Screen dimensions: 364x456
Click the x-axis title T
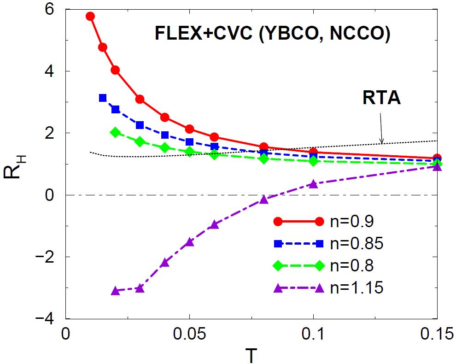251,354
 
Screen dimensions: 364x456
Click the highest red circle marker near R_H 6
90,16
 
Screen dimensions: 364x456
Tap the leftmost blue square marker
103,98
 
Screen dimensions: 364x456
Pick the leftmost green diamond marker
115,132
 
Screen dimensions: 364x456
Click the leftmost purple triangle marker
115,290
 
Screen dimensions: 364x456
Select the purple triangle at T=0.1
313,184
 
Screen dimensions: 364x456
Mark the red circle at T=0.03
140,99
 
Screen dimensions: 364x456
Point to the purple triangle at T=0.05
189,242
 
